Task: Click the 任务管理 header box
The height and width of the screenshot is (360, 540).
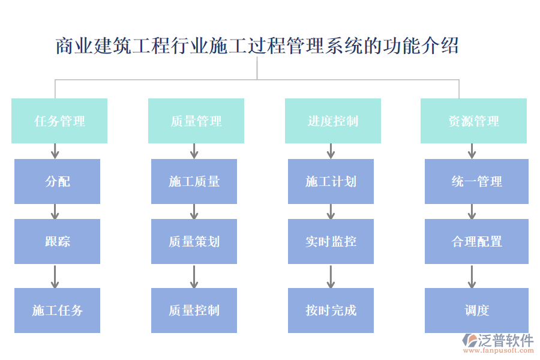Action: pos(59,121)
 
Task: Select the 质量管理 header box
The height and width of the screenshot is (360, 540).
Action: pos(196,121)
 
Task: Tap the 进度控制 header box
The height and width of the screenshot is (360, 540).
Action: pos(332,121)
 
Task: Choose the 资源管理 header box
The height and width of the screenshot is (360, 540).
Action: pos(473,121)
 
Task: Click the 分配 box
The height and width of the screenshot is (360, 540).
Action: pos(57,181)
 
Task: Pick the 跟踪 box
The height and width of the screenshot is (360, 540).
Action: pos(57,241)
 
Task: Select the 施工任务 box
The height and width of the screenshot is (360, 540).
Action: pos(57,310)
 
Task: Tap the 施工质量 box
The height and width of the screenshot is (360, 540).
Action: pos(194,181)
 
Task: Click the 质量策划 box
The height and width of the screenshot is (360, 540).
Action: pos(194,241)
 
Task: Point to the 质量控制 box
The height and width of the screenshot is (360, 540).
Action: pos(194,310)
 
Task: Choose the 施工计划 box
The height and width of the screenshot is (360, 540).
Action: pos(331,181)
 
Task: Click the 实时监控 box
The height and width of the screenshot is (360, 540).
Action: pos(331,241)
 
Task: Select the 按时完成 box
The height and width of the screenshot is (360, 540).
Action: pos(331,310)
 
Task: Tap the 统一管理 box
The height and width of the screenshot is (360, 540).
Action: pos(476,181)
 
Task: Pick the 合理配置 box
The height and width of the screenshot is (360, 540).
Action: pos(476,241)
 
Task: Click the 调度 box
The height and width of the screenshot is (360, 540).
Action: pos(476,310)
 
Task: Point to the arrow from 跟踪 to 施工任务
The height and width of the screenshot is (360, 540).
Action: pos(55,276)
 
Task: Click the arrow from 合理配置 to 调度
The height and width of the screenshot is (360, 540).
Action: pos(472,276)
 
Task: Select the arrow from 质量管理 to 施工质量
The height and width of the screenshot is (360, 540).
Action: pos(194,151)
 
